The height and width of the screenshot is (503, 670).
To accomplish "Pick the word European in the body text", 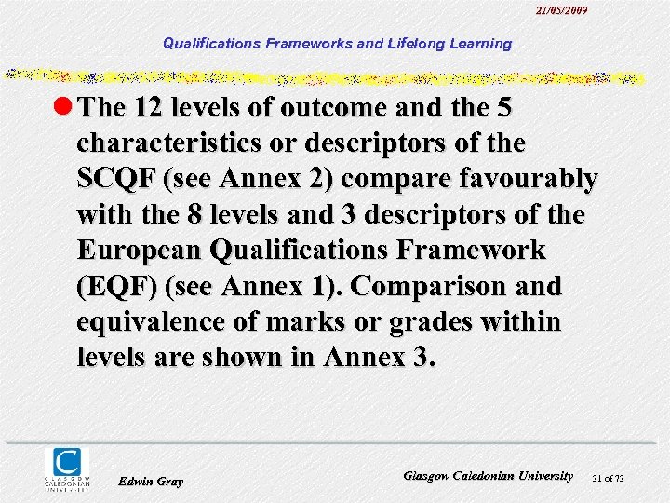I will (x=141, y=250).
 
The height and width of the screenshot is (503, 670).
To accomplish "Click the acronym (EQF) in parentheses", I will (x=114, y=286).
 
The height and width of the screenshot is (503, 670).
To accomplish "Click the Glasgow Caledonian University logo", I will (x=67, y=468).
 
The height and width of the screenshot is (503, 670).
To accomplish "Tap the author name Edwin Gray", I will (x=151, y=482).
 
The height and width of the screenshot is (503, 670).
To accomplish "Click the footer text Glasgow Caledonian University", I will (x=489, y=476).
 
